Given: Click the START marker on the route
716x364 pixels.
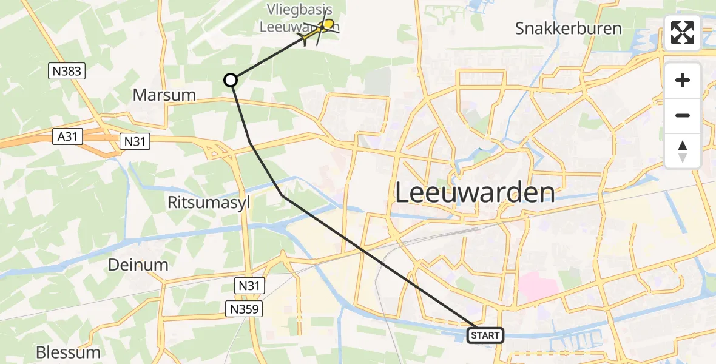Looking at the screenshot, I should [485, 335].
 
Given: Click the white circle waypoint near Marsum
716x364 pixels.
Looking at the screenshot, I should [231, 80].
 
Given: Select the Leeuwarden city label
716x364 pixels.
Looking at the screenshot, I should [475, 193].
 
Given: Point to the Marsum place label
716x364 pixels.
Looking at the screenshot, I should [164, 95].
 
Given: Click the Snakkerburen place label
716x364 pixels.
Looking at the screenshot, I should [568, 29].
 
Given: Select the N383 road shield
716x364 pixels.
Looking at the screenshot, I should [66, 72].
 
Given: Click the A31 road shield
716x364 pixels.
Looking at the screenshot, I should [67, 137].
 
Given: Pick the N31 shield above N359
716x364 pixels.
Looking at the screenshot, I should [249, 284].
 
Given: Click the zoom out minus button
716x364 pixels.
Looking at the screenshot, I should [683, 115].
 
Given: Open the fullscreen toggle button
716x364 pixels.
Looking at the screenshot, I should [683, 33].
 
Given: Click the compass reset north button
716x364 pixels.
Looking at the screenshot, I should [683, 151].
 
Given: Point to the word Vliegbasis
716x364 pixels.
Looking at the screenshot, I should [300, 10].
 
